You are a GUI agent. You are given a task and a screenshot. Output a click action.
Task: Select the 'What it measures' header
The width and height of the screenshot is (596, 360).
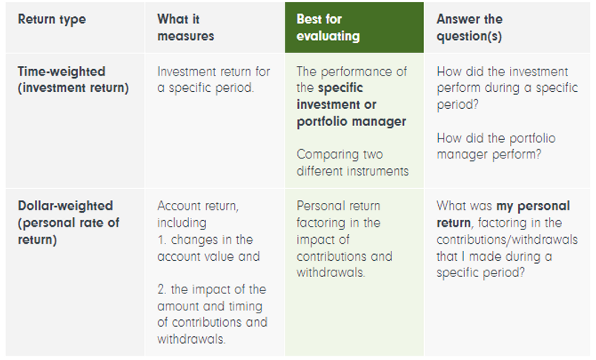[x=185, y=27]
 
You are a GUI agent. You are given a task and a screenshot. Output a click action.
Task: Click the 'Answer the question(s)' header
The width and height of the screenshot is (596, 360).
[x=469, y=27]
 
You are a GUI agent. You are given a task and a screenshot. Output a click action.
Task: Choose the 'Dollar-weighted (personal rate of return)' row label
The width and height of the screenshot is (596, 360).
[x=69, y=222]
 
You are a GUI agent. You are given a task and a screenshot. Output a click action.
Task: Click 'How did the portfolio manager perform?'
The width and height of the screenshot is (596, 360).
[x=496, y=146]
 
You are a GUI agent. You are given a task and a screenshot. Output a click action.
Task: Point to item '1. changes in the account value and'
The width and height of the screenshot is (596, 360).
[x=205, y=247]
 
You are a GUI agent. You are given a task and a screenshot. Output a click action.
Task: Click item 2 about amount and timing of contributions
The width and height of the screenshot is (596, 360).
[x=211, y=314]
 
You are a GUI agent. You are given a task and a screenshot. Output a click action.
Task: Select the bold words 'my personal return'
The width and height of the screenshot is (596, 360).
[x=511, y=213]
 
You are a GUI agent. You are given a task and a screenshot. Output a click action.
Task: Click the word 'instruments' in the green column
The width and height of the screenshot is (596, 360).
[x=375, y=170]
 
